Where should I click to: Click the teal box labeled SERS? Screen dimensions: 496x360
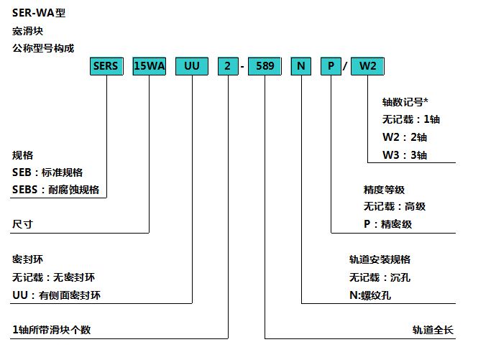click(x=106, y=66)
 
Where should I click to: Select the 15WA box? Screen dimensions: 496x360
click(x=149, y=66)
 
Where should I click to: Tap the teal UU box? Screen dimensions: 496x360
click(x=192, y=66)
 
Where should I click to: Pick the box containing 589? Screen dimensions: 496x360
click(x=265, y=66)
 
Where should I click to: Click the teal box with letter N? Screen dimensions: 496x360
click(x=300, y=66)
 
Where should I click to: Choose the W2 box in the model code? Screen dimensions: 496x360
click(x=367, y=66)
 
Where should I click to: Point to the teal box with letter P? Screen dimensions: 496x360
click(x=331, y=66)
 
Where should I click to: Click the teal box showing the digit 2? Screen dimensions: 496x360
click(x=228, y=66)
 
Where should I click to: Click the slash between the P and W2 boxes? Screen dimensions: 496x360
click(x=346, y=65)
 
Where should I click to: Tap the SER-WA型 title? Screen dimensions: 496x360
click(x=39, y=13)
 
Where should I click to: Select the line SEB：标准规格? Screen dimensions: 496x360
click(x=47, y=172)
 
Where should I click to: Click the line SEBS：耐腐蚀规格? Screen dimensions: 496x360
click(x=55, y=189)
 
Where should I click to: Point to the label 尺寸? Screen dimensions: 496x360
click(x=22, y=224)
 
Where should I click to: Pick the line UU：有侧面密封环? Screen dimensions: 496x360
click(x=56, y=295)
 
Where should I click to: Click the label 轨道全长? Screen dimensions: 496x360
click(x=433, y=330)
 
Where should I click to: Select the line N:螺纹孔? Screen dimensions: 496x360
click(x=370, y=295)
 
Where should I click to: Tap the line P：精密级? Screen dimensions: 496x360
click(x=388, y=224)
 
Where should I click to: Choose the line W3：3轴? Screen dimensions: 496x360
click(x=405, y=155)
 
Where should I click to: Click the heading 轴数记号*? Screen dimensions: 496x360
click(x=405, y=102)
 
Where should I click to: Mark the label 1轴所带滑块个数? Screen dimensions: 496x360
click(x=51, y=330)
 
